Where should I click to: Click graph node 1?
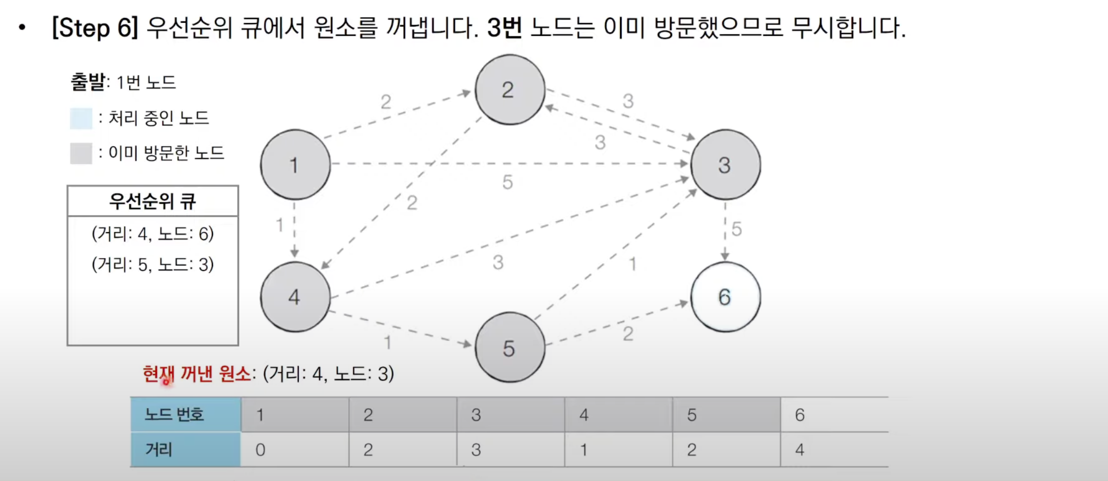pos(295,164)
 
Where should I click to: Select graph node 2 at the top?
pos(509,89)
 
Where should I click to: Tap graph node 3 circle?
pos(725,164)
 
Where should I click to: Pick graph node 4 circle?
pos(295,297)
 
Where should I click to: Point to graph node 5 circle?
pos(509,347)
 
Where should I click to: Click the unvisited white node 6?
pos(725,297)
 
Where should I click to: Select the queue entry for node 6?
pos(152,234)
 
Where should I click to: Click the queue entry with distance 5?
pos(152,264)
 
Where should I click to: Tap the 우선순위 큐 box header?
pos(152,201)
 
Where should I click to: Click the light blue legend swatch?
pos(81,118)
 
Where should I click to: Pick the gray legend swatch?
pos(81,153)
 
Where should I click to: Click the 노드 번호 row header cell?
pos(185,414)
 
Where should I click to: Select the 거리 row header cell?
pos(185,449)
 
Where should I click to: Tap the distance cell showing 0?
pos(294,449)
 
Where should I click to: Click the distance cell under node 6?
pos(834,449)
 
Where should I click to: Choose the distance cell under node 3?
pos(510,449)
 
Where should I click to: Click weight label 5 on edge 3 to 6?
pos(736,229)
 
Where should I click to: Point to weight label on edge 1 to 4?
pos(280,225)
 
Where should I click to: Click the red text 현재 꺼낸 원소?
pos(196,374)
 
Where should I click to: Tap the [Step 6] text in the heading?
pos(95,27)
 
